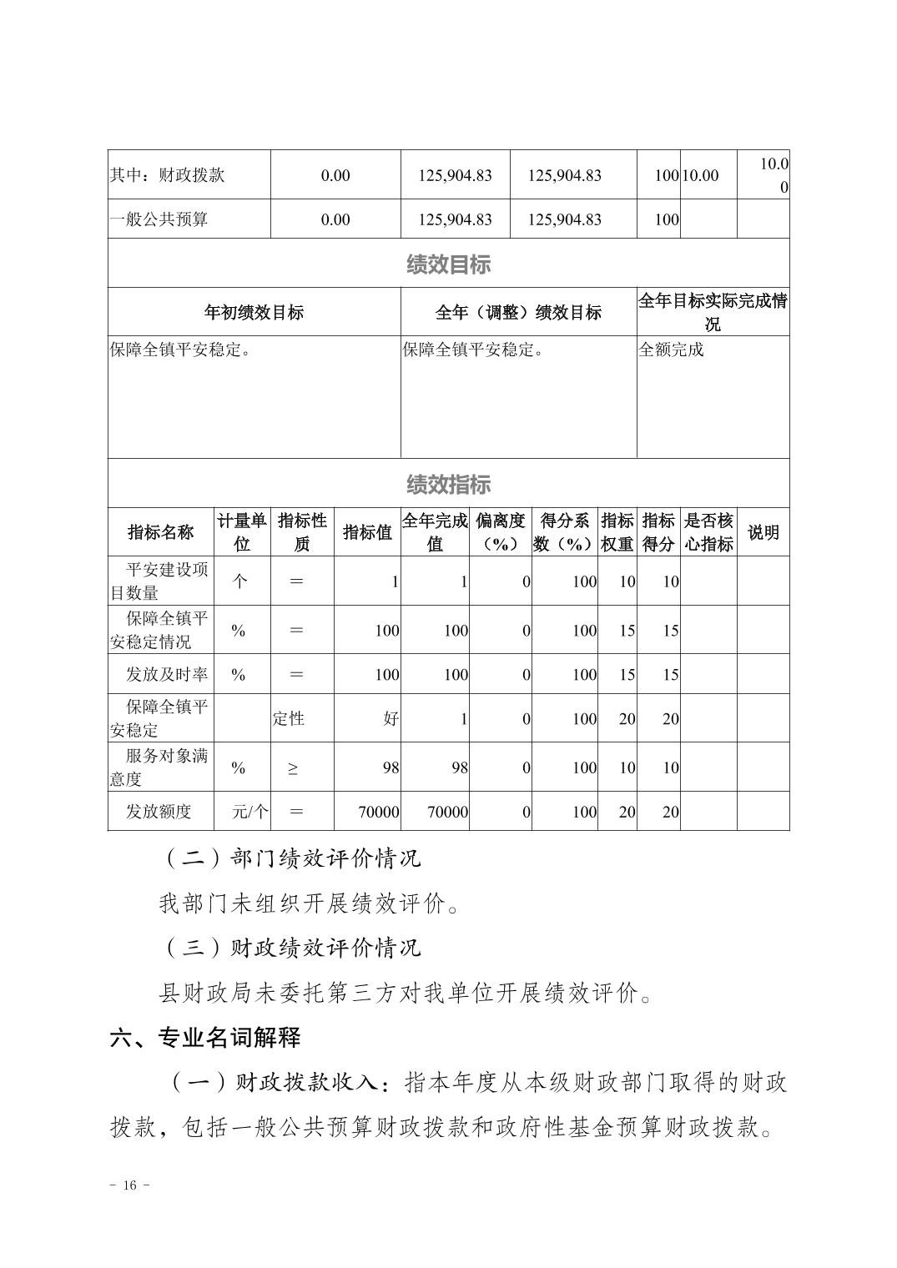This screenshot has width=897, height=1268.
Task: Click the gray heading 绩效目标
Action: (x=448, y=265)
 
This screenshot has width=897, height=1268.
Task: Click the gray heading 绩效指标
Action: (x=448, y=484)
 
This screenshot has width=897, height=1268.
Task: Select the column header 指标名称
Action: (x=160, y=532)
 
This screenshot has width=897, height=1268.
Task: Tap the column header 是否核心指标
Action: (x=708, y=532)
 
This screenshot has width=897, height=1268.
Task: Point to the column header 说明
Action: (x=763, y=532)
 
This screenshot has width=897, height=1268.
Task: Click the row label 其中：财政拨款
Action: (x=167, y=175)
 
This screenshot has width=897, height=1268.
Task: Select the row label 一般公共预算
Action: (x=159, y=219)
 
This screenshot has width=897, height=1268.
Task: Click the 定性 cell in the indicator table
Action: (x=289, y=718)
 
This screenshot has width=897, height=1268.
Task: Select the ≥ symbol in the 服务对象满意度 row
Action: (x=292, y=768)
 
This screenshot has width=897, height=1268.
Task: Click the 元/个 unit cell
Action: (x=250, y=812)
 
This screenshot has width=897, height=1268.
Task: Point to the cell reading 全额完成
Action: (x=671, y=350)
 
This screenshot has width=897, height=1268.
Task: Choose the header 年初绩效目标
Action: (x=254, y=313)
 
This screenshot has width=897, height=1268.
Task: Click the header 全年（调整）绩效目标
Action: (x=518, y=313)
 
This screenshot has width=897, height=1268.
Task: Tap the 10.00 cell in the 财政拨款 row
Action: (x=700, y=175)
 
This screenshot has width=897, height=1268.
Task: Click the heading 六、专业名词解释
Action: (x=205, y=1038)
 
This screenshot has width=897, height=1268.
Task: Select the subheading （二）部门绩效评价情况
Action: (x=290, y=858)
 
